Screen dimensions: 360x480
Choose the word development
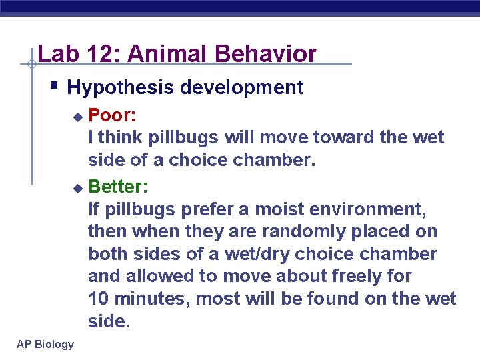pos(243,87)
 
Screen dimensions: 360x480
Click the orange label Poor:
pos(113,115)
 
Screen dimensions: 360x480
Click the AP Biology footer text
pos(46,344)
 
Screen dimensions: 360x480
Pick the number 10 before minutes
pos(100,299)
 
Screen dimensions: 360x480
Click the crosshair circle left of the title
pos(31,65)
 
